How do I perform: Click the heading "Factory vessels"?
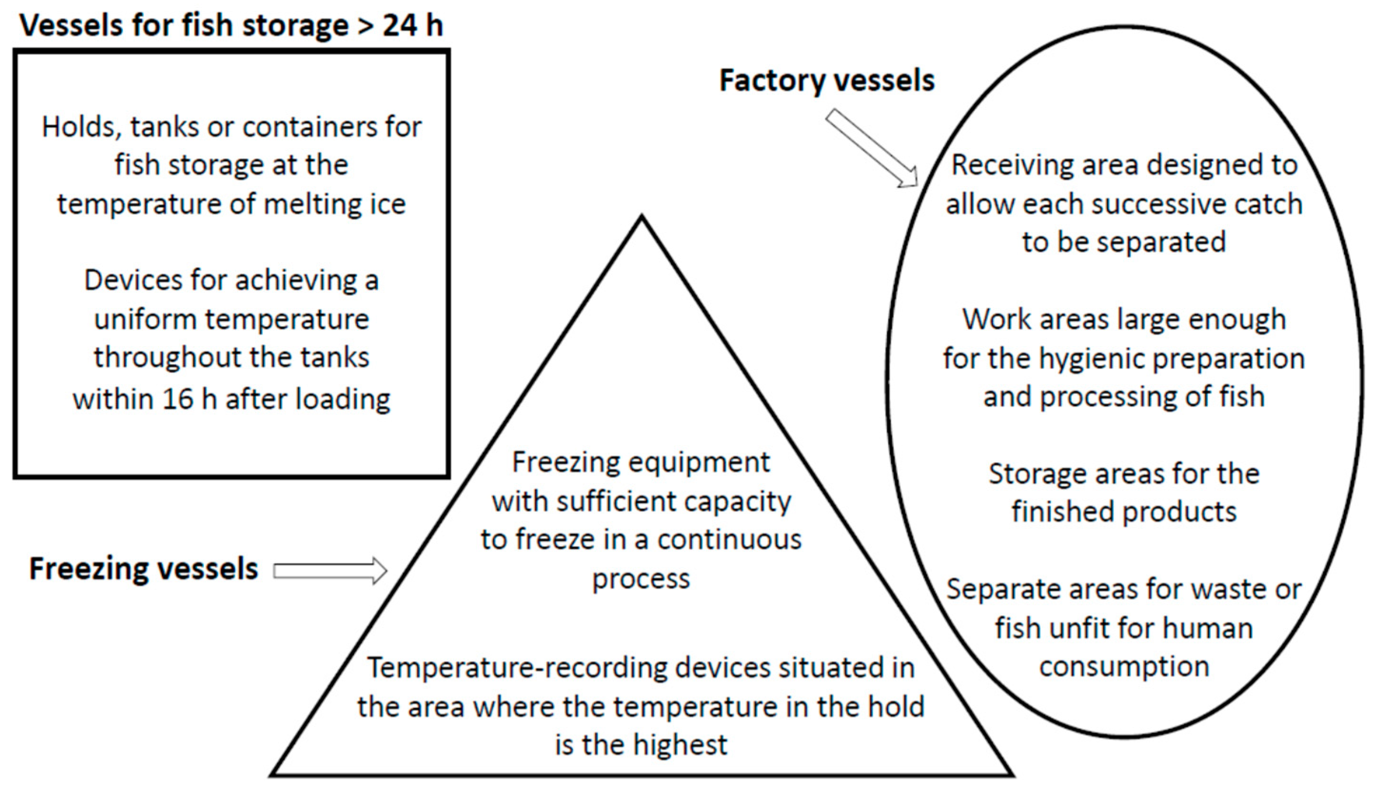coord(827,81)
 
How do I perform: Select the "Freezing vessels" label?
coord(143,569)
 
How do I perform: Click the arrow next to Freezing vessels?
coord(330,571)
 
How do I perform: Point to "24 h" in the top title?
coord(413,26)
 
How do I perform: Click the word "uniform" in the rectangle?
coord(145,320)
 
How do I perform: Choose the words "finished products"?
coord(1124,513)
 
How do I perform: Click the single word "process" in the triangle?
coord(640,579)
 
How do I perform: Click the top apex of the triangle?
coord(642,218)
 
